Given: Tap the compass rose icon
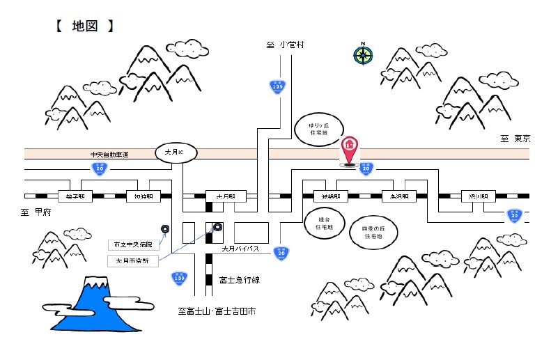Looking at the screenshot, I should coord(362,54).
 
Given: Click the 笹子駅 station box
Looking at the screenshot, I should coord(75,196).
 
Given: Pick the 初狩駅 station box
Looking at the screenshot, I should coord(143,196).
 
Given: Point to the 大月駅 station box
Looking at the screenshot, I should coord(221,196).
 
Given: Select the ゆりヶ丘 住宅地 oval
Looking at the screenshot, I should coord(323,132).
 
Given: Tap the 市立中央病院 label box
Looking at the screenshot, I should coord(135,245).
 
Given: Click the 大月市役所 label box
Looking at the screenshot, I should coord(132,261).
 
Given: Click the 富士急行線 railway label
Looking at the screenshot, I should coord(239,280).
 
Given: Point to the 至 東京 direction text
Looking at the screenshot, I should coord(515,139).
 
